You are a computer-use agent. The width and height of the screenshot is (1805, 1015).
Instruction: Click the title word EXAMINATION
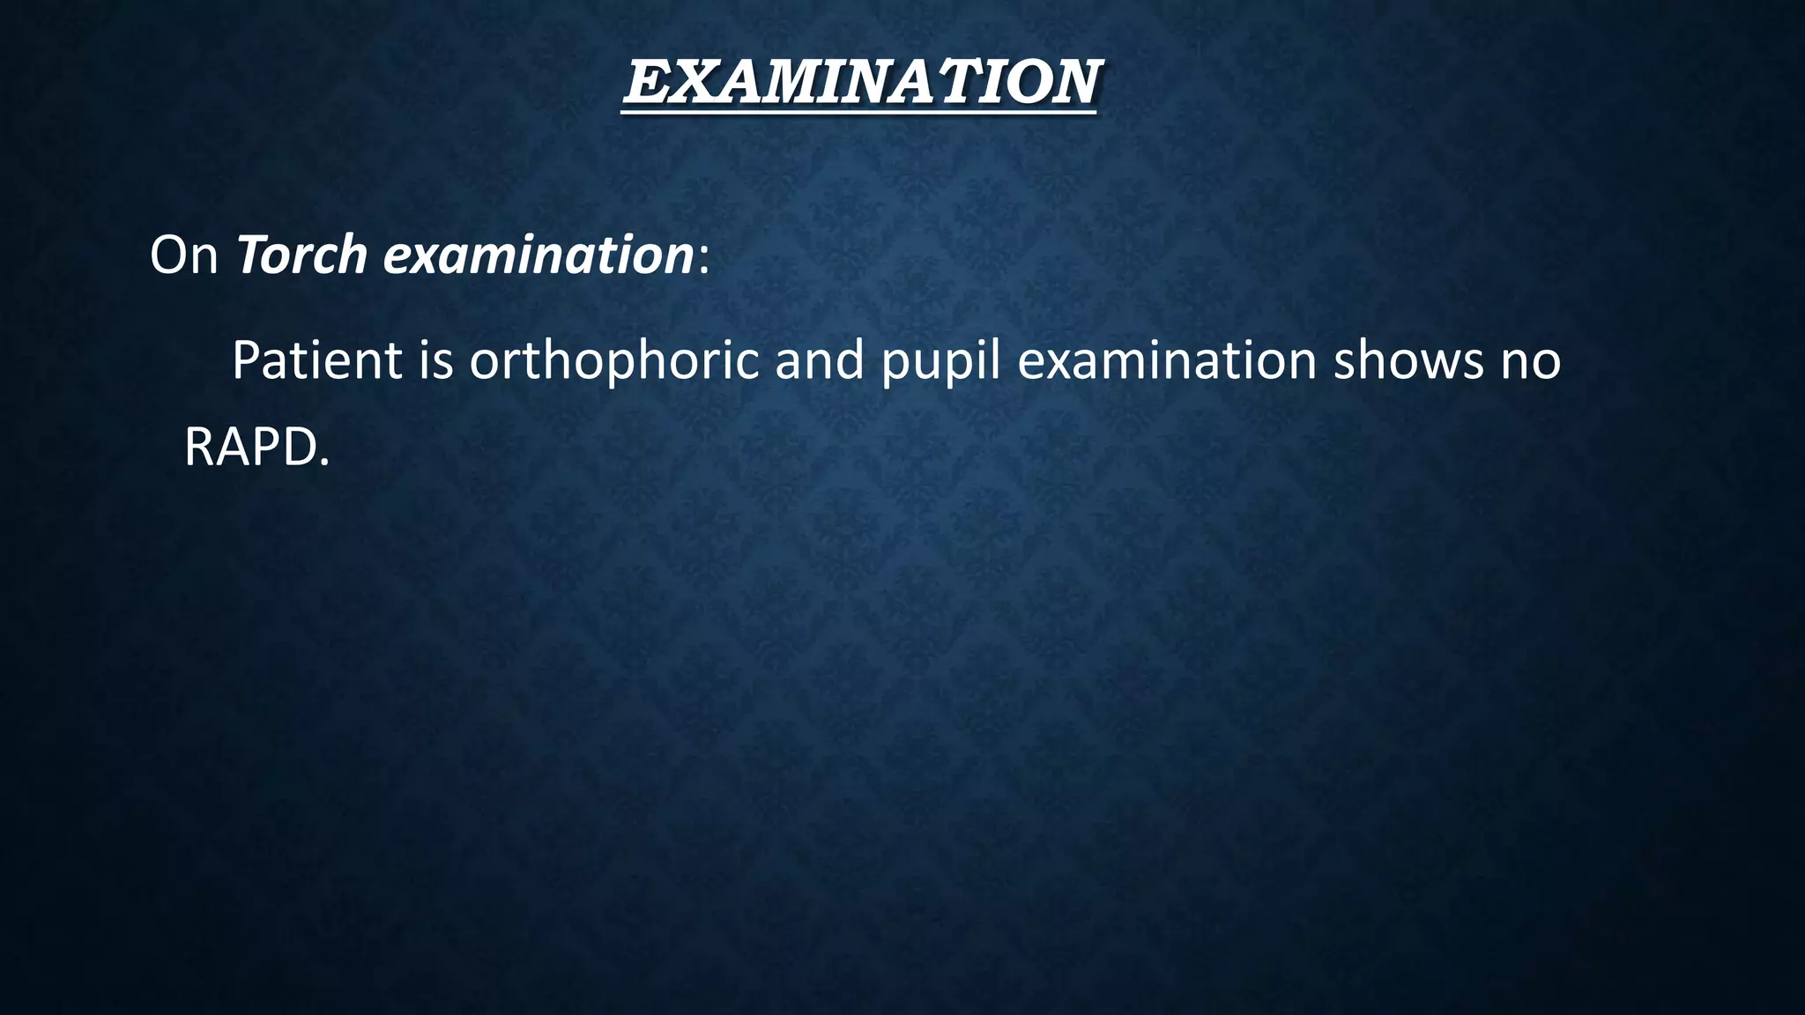(861, 83)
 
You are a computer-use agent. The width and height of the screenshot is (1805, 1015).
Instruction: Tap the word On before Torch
(183, 256)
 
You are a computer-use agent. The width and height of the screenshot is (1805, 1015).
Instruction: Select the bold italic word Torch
(301, 256)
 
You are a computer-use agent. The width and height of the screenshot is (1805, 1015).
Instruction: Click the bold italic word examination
(539, 257)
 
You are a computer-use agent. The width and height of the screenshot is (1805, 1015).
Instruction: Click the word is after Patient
(435, 360)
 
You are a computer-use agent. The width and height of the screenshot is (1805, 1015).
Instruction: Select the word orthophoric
(613, 361)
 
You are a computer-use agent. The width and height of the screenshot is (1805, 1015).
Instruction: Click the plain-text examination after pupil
(1166, 360)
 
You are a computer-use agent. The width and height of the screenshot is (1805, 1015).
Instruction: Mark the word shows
(1408, 360)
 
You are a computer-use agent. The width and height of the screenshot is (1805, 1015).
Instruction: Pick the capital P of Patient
(248, 360)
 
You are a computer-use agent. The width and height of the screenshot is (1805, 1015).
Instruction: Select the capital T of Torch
(252, 256)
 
